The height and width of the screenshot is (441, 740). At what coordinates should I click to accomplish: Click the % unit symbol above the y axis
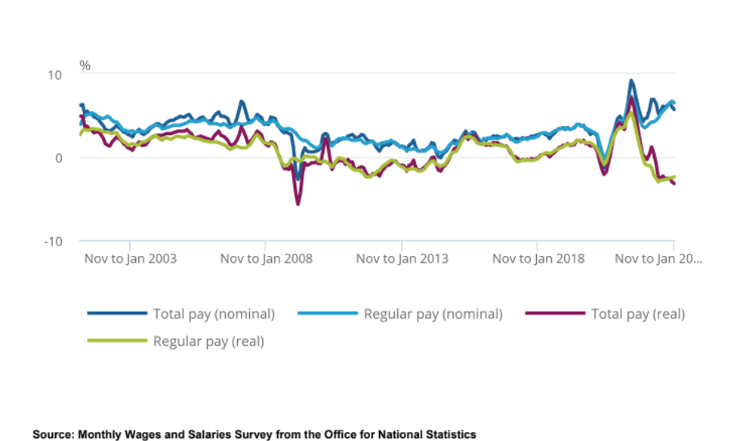(85, 66)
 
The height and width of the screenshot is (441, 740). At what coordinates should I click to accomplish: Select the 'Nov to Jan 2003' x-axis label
(130, 258)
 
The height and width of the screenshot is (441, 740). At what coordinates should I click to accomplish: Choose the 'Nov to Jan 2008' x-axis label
(266, 258)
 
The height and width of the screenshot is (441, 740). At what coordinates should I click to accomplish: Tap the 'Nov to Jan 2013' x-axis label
(402, 258)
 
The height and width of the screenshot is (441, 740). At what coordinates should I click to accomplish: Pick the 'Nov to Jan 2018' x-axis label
(538, 258)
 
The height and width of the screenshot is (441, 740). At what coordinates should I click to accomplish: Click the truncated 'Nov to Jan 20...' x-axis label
(658, 258)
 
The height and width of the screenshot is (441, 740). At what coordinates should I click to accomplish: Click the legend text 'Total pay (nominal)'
(214, 313)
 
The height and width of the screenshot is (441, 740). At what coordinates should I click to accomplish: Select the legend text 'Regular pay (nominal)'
(433, 313)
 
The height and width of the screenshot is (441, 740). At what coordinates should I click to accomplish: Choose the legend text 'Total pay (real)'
(638, 313)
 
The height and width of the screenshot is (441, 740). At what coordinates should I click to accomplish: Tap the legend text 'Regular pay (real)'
(208, 341)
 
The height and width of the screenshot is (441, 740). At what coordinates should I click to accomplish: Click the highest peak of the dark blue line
(631, 81)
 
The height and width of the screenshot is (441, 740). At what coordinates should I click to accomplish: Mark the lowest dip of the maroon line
(298, 204)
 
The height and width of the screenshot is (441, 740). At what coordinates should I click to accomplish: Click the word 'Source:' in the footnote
(53, 434)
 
